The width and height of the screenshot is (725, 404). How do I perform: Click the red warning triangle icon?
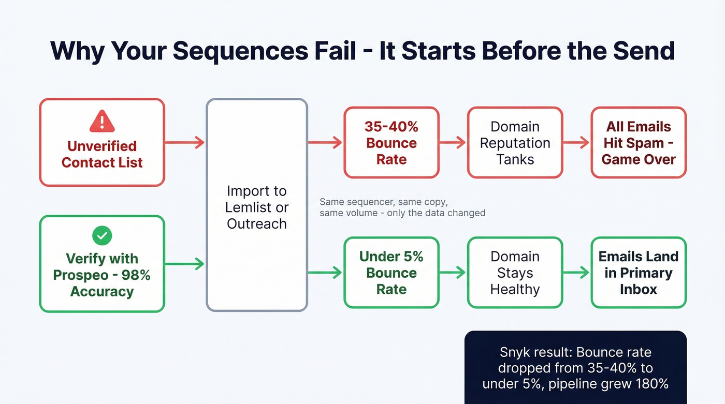(102, 121)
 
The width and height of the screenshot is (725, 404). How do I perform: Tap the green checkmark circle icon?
(102, 236)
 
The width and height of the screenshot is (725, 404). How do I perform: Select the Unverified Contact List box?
(102, 142)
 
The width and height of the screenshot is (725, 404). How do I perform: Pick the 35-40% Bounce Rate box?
(391, 143)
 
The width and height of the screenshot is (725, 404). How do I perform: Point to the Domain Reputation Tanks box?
(515, 143)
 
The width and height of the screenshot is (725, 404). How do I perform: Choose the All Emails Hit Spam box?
(639, 143)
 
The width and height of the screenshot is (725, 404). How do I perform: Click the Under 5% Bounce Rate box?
(391, 273)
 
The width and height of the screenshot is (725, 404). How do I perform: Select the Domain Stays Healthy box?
(515, 273)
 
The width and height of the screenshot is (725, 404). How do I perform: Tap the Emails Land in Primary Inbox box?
(639, 273)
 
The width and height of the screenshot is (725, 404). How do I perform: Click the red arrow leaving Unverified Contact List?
(185, 142)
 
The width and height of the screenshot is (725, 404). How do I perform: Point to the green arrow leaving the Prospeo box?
(185, 264)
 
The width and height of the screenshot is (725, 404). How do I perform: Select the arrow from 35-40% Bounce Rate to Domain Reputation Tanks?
(453, 143)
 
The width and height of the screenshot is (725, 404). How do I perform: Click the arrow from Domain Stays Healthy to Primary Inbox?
(576, 273)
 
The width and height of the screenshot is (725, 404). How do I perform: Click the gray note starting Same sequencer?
(402, 207)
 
